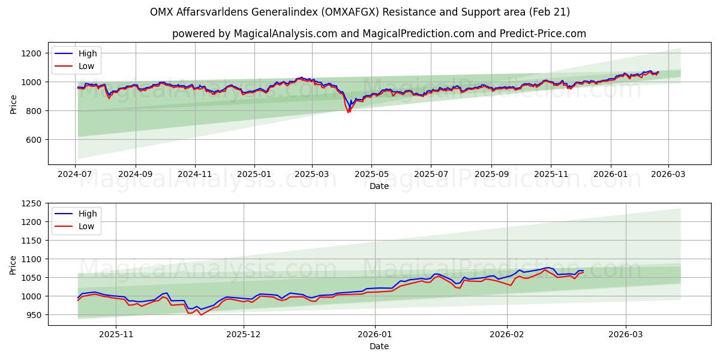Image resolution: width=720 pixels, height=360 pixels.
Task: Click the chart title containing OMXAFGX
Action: [360, 12]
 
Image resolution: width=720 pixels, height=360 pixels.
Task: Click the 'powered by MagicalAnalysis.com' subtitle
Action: [379, 34]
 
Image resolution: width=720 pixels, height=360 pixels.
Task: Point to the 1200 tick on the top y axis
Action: [31, 53]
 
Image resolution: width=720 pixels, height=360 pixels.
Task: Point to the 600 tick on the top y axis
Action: [34, 140]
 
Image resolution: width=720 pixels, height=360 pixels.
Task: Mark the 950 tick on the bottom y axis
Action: [34, 315]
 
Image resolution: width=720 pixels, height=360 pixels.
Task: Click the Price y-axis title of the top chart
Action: [13, 104]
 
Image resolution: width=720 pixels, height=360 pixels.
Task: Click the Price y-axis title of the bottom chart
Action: [13, 265]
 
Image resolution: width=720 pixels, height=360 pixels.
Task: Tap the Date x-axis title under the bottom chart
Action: [379, 346]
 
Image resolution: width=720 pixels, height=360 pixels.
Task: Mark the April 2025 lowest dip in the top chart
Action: [348, 112]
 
